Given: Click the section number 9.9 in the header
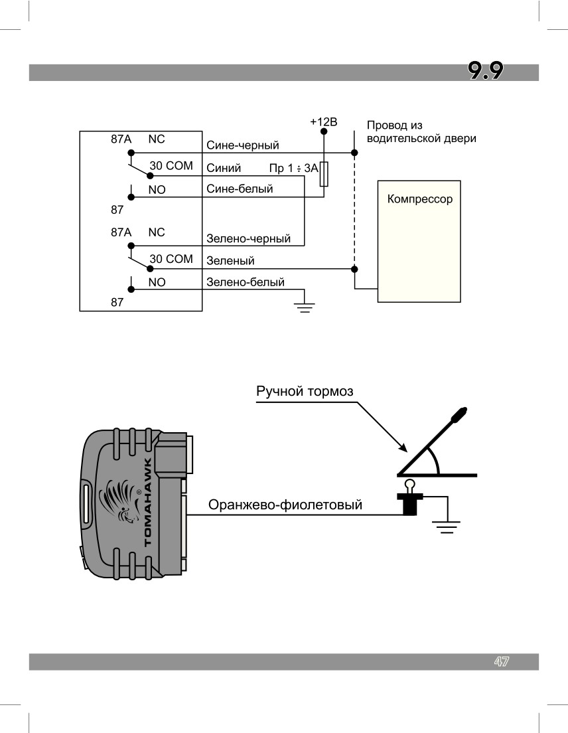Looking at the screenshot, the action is click(x=486, y=71).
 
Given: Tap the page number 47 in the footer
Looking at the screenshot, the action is click(x=501, y=661).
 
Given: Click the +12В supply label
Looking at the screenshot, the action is click(x=324, y=122).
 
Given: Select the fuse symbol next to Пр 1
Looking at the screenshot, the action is click(x=324, y=175).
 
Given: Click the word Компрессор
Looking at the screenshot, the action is click(x=420, y=199).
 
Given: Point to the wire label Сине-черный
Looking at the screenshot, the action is click(x=243, y=145).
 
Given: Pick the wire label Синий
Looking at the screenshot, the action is click(x=224, y=168).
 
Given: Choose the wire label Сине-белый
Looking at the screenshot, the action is click(x=240, y=189).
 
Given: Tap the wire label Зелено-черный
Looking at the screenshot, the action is click(x=248, y=238).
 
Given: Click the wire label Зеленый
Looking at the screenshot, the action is click(x=230, y=260).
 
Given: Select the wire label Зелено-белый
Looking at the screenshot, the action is click(x=246, y=282).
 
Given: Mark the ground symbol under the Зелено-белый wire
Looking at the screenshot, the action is click(x=305, y=307).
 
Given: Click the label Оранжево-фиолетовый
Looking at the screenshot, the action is click(x=285, y=505).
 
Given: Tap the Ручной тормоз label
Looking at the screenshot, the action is click(x=305, y=391).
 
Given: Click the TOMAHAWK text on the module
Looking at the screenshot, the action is click(x=148, y=503).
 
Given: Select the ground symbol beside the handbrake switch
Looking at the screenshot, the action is click(x=447, y=528).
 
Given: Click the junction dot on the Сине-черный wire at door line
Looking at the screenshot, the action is click(x=354, y=153).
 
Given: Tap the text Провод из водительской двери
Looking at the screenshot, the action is click(x=421, y=132).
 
